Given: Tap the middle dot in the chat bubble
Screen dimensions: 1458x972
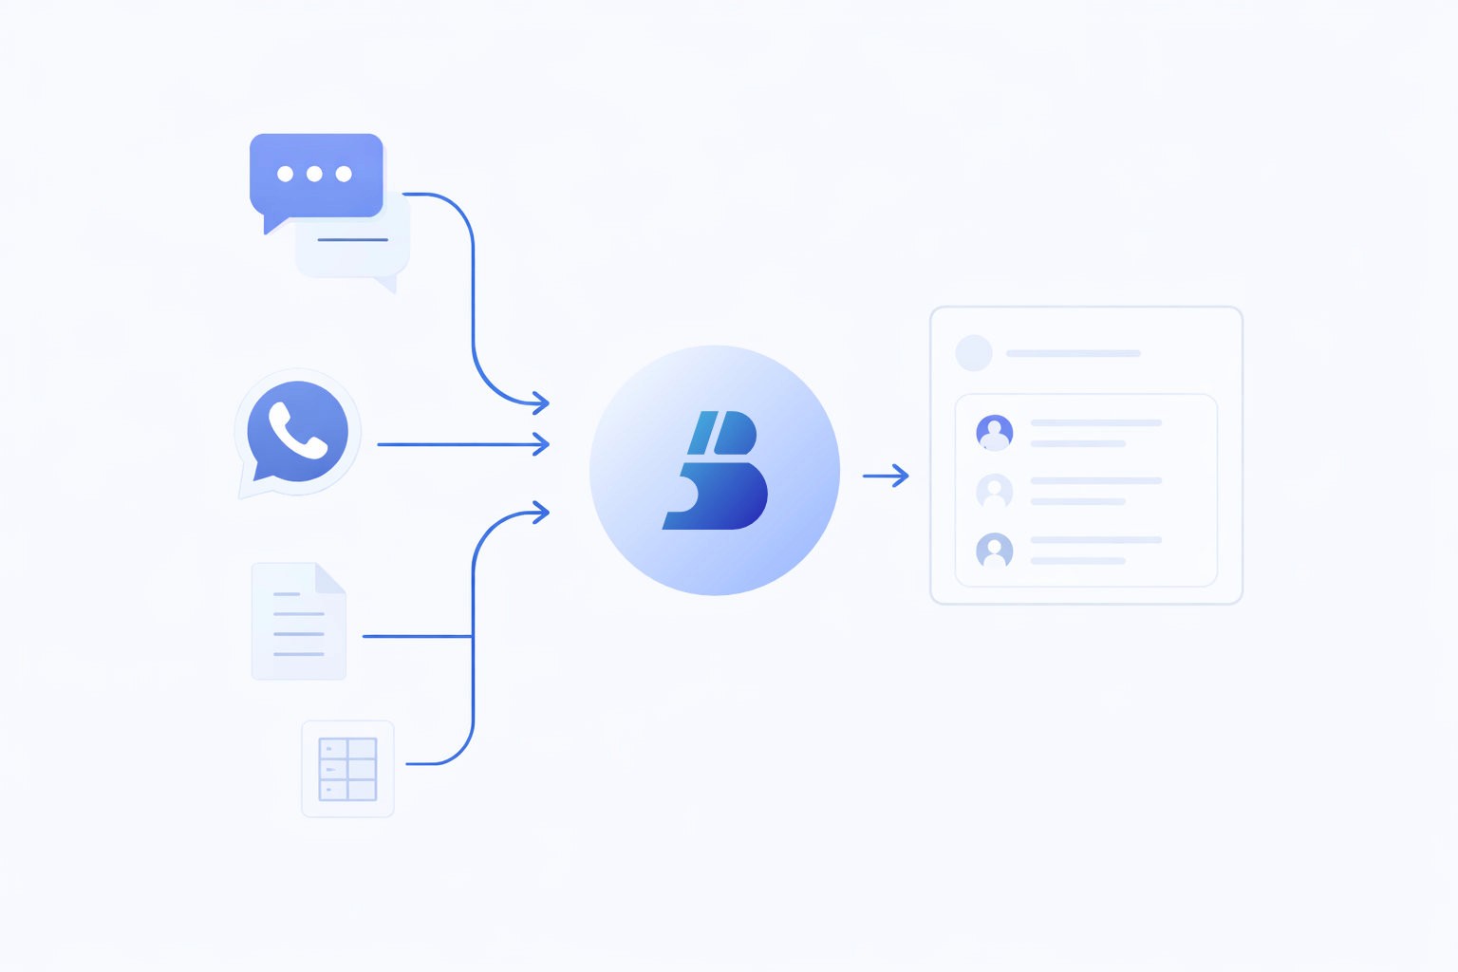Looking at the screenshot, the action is tap(314, 174).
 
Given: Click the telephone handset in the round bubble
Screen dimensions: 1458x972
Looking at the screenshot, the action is tap(297, 430).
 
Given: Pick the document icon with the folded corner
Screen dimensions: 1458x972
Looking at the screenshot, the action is tap(298, 621).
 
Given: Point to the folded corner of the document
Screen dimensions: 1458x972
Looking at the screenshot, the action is tap(331, 577).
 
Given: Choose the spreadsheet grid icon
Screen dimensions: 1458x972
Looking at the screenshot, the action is tap(347, 769).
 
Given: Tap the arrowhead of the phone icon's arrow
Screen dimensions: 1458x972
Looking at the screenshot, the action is tap(542, 444).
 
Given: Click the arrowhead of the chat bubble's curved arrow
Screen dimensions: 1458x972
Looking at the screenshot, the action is tap(542, 403).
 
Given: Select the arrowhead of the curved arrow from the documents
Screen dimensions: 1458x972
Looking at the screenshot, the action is tap(542, 513).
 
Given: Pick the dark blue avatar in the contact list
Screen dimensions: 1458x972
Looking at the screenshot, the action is tap(995, 432).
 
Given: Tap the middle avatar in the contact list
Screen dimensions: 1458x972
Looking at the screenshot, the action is tap(995, 491).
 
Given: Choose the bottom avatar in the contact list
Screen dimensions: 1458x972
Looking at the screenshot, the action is tap(995, 550).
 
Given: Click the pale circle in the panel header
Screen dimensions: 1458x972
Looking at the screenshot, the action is tap(974, 353).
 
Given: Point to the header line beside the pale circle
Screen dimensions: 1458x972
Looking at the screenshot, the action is tap(1073, 353).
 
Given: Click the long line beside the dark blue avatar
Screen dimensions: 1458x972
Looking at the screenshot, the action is tap(1095, 422).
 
